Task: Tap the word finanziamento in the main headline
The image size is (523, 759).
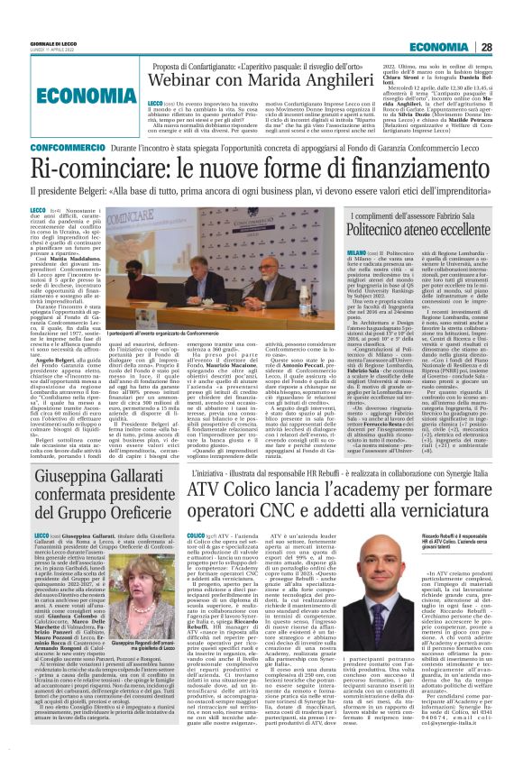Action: click(415, 166)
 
